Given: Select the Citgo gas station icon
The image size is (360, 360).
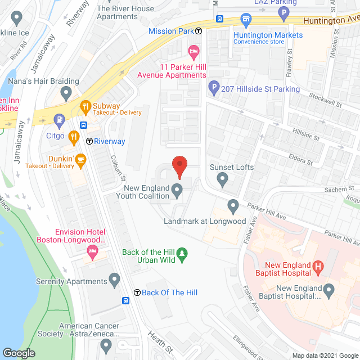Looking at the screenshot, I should pyautogui.click(x=58, y=119).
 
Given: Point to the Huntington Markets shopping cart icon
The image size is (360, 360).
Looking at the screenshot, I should pyautogui.click(x=245, y=20).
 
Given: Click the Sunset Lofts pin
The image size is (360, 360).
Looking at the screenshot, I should pyautogui.click(x=222, y=180).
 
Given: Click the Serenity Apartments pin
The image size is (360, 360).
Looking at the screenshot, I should pyautogui.click(x=115, y=279).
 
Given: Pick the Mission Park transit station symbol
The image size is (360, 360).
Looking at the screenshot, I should pyautogui.click(x=199, y=31).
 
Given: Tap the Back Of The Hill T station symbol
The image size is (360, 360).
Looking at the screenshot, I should pyautogui.click(x=137, y=292).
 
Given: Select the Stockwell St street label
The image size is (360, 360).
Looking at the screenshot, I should pyautogui.click(x=326, y=100).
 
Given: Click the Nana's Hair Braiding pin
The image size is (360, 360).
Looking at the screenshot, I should pyautogui.click(x=66, y=92).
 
